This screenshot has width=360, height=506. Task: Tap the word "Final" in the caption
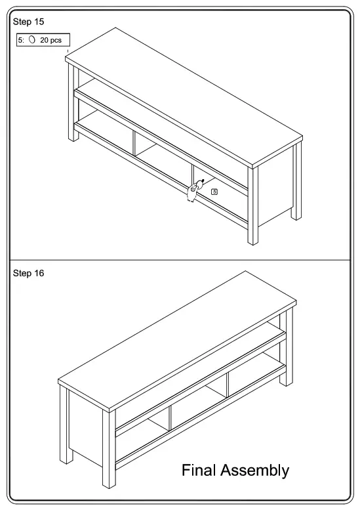click(x=199, y=470)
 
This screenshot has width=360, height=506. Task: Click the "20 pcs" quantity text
click(x=51, y=40)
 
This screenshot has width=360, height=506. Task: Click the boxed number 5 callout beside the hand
click(x=214, y=192)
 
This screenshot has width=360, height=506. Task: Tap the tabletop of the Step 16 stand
click(x=177, y=335)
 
